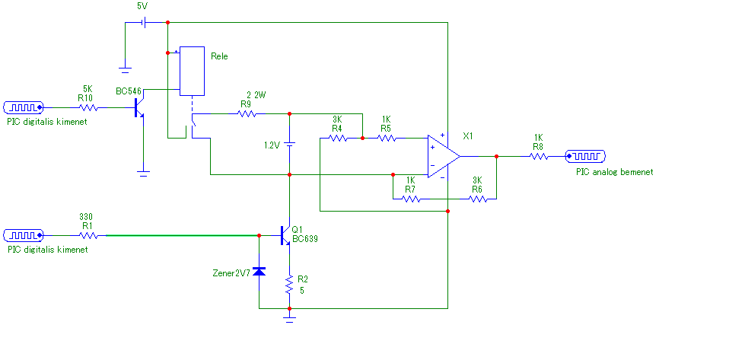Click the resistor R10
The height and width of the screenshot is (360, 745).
coord(88,108)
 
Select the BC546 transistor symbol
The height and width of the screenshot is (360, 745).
coord(139,107)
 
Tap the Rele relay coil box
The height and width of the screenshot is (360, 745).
coord(192,72)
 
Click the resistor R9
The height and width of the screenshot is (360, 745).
coord(247,113)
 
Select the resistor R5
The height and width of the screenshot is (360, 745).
coord(387,139)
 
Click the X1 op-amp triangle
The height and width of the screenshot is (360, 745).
coord(443,156)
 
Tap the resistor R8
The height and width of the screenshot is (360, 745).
coord(539,156)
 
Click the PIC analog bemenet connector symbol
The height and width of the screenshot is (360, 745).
coord(585,156)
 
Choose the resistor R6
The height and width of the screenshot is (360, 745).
coord(477,199)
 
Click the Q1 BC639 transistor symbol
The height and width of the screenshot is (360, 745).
coord(285,235)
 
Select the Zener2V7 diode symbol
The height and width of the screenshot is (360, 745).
coord(259,271)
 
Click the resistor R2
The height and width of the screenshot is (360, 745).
coord(289,285)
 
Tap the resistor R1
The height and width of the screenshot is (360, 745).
coord(88,235)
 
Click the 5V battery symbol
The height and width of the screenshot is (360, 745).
coord(145,22)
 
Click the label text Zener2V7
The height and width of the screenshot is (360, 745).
coord(231,273)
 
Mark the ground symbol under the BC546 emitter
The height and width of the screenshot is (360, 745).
coord(144,174)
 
